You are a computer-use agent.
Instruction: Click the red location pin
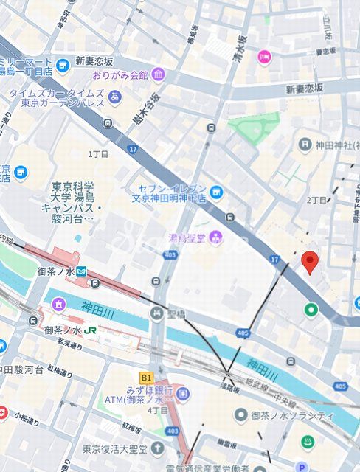311,262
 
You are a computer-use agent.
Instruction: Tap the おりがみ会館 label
120,74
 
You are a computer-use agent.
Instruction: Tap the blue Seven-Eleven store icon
215,192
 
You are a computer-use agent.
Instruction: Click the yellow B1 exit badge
146,378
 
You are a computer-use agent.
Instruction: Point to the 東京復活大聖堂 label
114,448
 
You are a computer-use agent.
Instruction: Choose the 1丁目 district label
98,154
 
